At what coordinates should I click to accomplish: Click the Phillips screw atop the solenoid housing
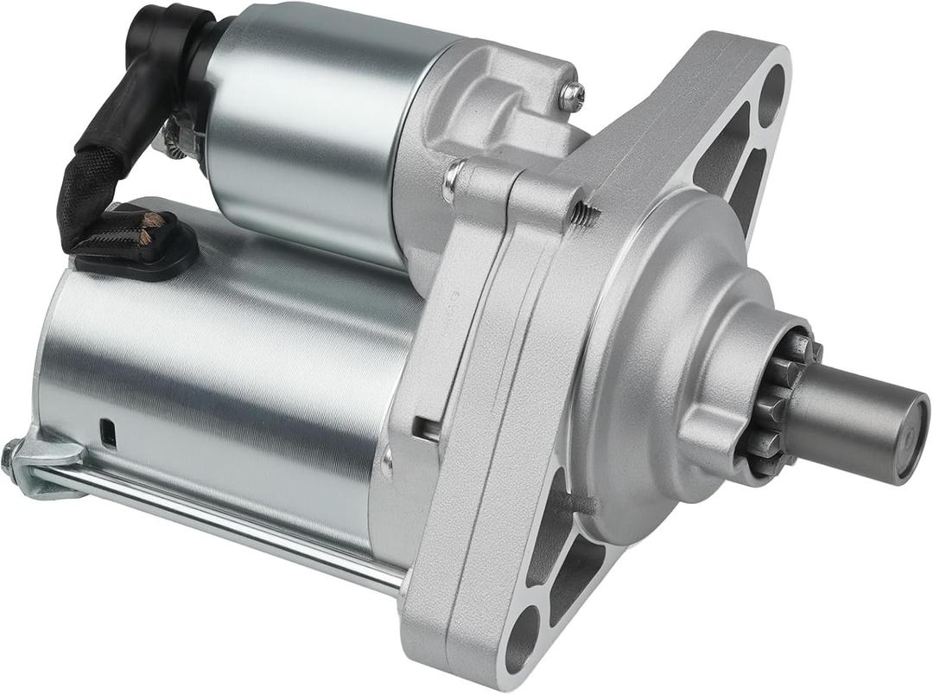571,97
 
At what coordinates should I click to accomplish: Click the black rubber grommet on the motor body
138,246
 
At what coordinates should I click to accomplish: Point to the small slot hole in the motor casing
108,433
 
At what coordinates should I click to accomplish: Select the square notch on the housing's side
425,428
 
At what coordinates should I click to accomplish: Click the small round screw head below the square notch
388,462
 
